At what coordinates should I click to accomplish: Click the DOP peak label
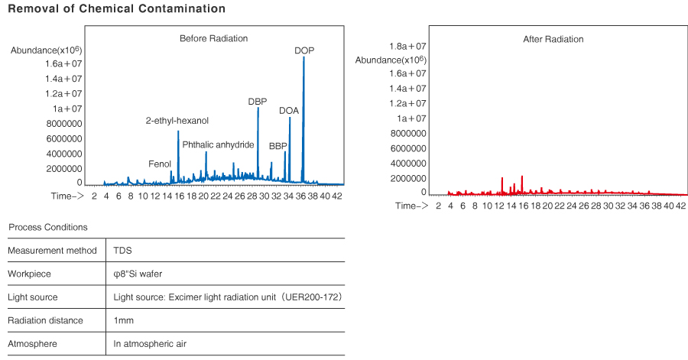tap(304, 50)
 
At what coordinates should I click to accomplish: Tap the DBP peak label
tap(258, 101)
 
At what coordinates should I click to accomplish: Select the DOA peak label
tap(289, 111)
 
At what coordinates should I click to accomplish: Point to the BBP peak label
tap(278, 145)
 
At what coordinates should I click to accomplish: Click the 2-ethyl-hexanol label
tap(177, 121)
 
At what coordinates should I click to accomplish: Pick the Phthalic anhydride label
tap(218, 144)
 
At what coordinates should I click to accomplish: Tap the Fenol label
tap(160, 164)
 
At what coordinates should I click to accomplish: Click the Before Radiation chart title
tap(214, 38)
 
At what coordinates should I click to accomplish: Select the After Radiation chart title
tap(553, 39)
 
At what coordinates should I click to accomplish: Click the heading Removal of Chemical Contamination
tap(116, 9)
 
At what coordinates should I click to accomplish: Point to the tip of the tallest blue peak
tap(303, 57)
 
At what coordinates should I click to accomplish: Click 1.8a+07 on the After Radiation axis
tap(407, 47)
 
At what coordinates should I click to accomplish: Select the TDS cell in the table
tap(122, 250)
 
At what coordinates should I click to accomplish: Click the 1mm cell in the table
tap(123, 320)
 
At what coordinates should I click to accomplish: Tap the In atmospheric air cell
tap(150, 344)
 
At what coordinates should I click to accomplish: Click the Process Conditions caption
tap(47, 227)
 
